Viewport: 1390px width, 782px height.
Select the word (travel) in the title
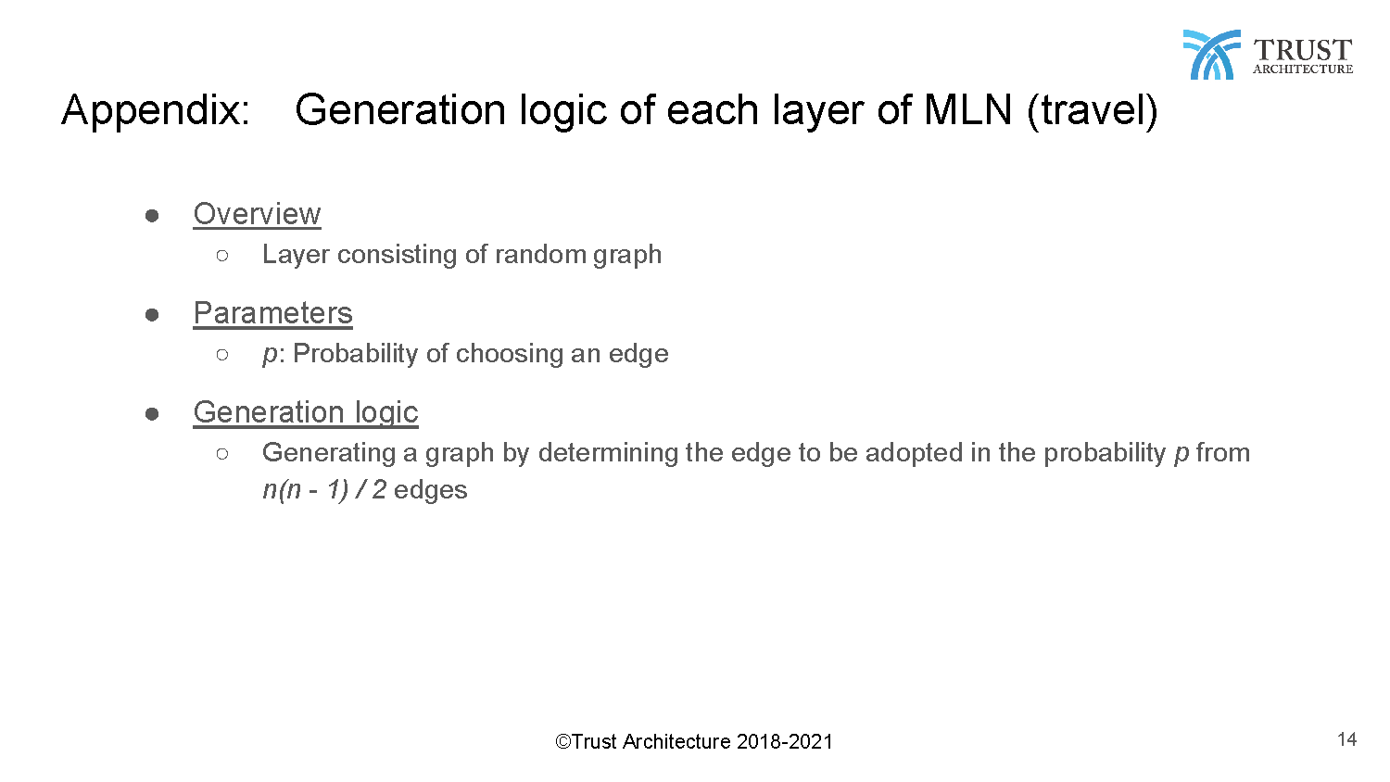(1093, 112)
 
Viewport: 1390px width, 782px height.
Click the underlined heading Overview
(257, 214)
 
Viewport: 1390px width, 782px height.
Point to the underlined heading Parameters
(273, 313)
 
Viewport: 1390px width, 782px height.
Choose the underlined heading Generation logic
(306, 413)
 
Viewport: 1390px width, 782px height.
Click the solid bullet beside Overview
(152, 216)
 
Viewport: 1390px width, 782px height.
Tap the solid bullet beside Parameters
(152, 315)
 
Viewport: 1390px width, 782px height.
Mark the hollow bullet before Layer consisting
(222, 255)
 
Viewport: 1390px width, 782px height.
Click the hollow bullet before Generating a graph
(222, 454)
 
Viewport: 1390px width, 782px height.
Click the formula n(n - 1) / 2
(324, 490)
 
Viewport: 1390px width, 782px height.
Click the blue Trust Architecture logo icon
(1212, 55)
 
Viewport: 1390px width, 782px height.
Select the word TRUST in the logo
(1303, 50)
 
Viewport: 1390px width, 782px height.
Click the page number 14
(1346, 739)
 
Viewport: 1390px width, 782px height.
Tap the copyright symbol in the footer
(562, 741)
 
